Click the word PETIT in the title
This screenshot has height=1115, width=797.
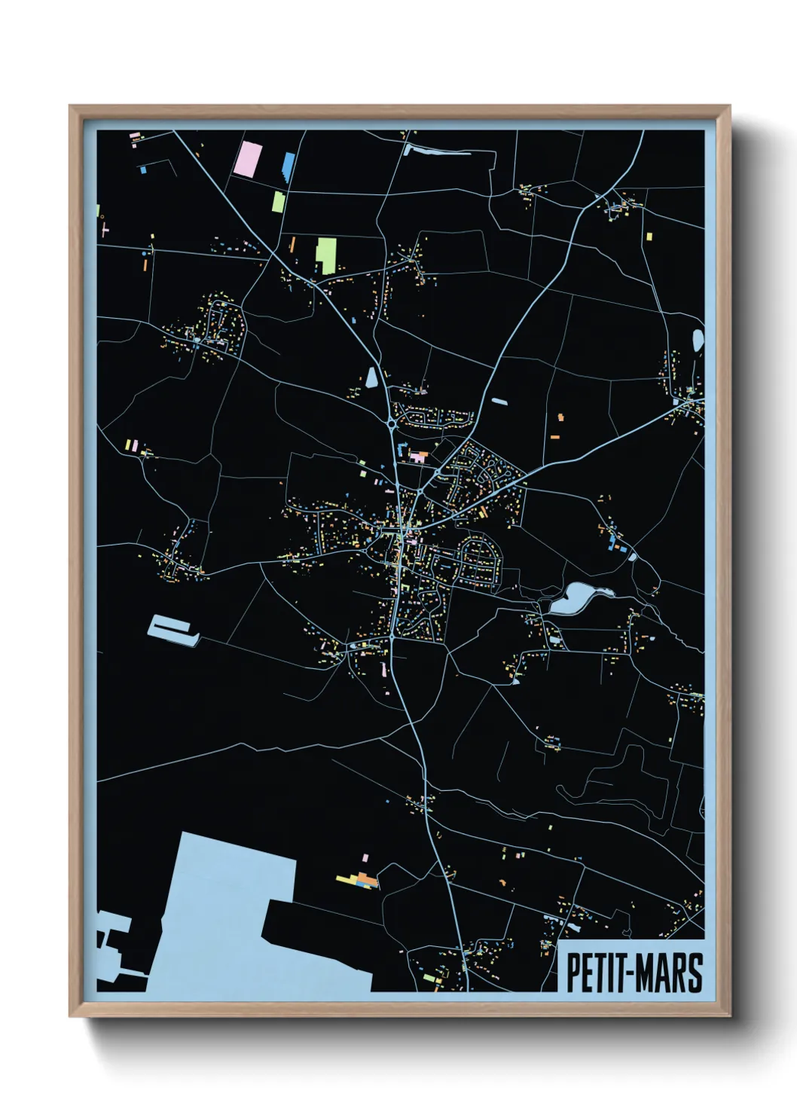[592, 973]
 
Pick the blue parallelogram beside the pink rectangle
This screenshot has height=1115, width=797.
[289, 166]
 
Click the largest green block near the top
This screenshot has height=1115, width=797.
[325, 255]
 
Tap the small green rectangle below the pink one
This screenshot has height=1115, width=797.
[278, 201]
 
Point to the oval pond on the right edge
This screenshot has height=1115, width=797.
[698, 341]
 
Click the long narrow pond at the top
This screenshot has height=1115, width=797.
[437, 151]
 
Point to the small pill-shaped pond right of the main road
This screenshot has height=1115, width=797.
[499, 401]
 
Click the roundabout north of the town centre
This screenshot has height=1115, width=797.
[392, 424]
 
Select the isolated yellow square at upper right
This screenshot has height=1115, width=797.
[649, 237]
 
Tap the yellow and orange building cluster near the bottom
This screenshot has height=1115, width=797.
[358, 879]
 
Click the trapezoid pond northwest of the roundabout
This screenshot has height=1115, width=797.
[371, 377]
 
